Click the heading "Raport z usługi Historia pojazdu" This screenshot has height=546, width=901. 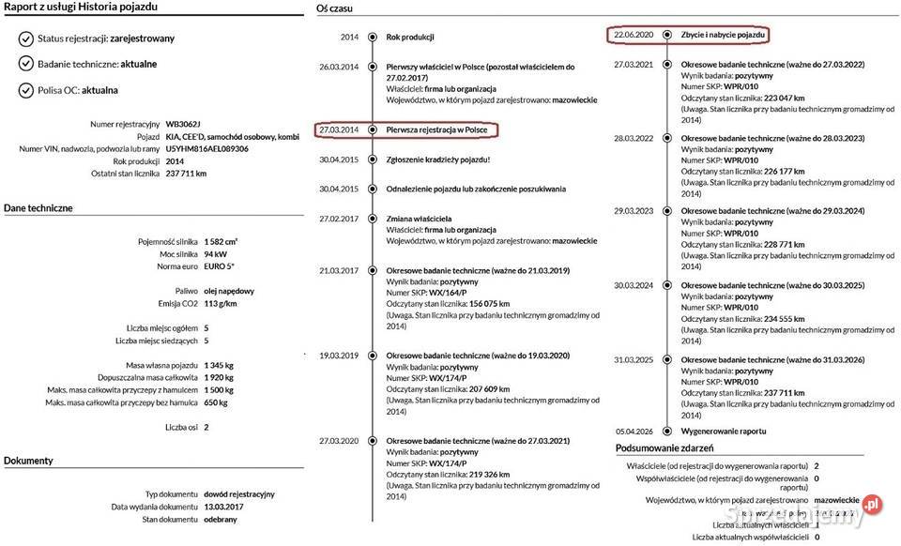[79, 8]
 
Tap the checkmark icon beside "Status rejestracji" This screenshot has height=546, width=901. [25, 38]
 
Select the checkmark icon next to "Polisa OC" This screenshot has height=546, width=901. [25, 90]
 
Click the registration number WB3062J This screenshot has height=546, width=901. [183, 124]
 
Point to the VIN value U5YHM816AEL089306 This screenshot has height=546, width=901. [206, 148]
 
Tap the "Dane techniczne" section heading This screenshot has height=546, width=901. [38, 207]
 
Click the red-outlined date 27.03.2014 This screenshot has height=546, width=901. [339, 129]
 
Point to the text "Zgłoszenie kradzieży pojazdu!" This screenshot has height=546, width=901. [438, 159]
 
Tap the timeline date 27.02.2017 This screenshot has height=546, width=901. [339, 218]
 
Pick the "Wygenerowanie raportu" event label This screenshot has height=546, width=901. [724, 431]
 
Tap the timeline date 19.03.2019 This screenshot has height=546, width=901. [339, 356]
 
